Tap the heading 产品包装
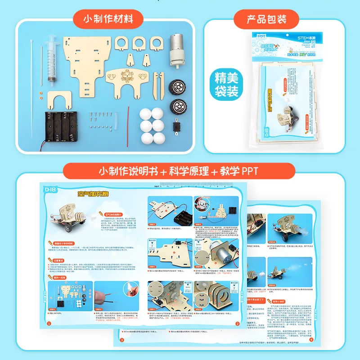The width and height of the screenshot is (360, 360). tap(266, 19)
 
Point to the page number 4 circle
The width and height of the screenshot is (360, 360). tap(310, 340)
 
